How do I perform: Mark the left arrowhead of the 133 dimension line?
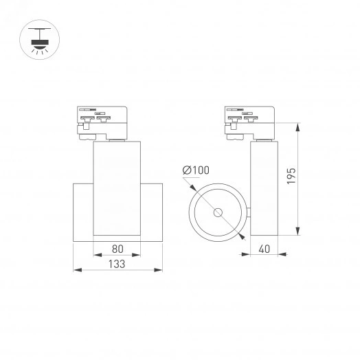coord(76,271)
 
